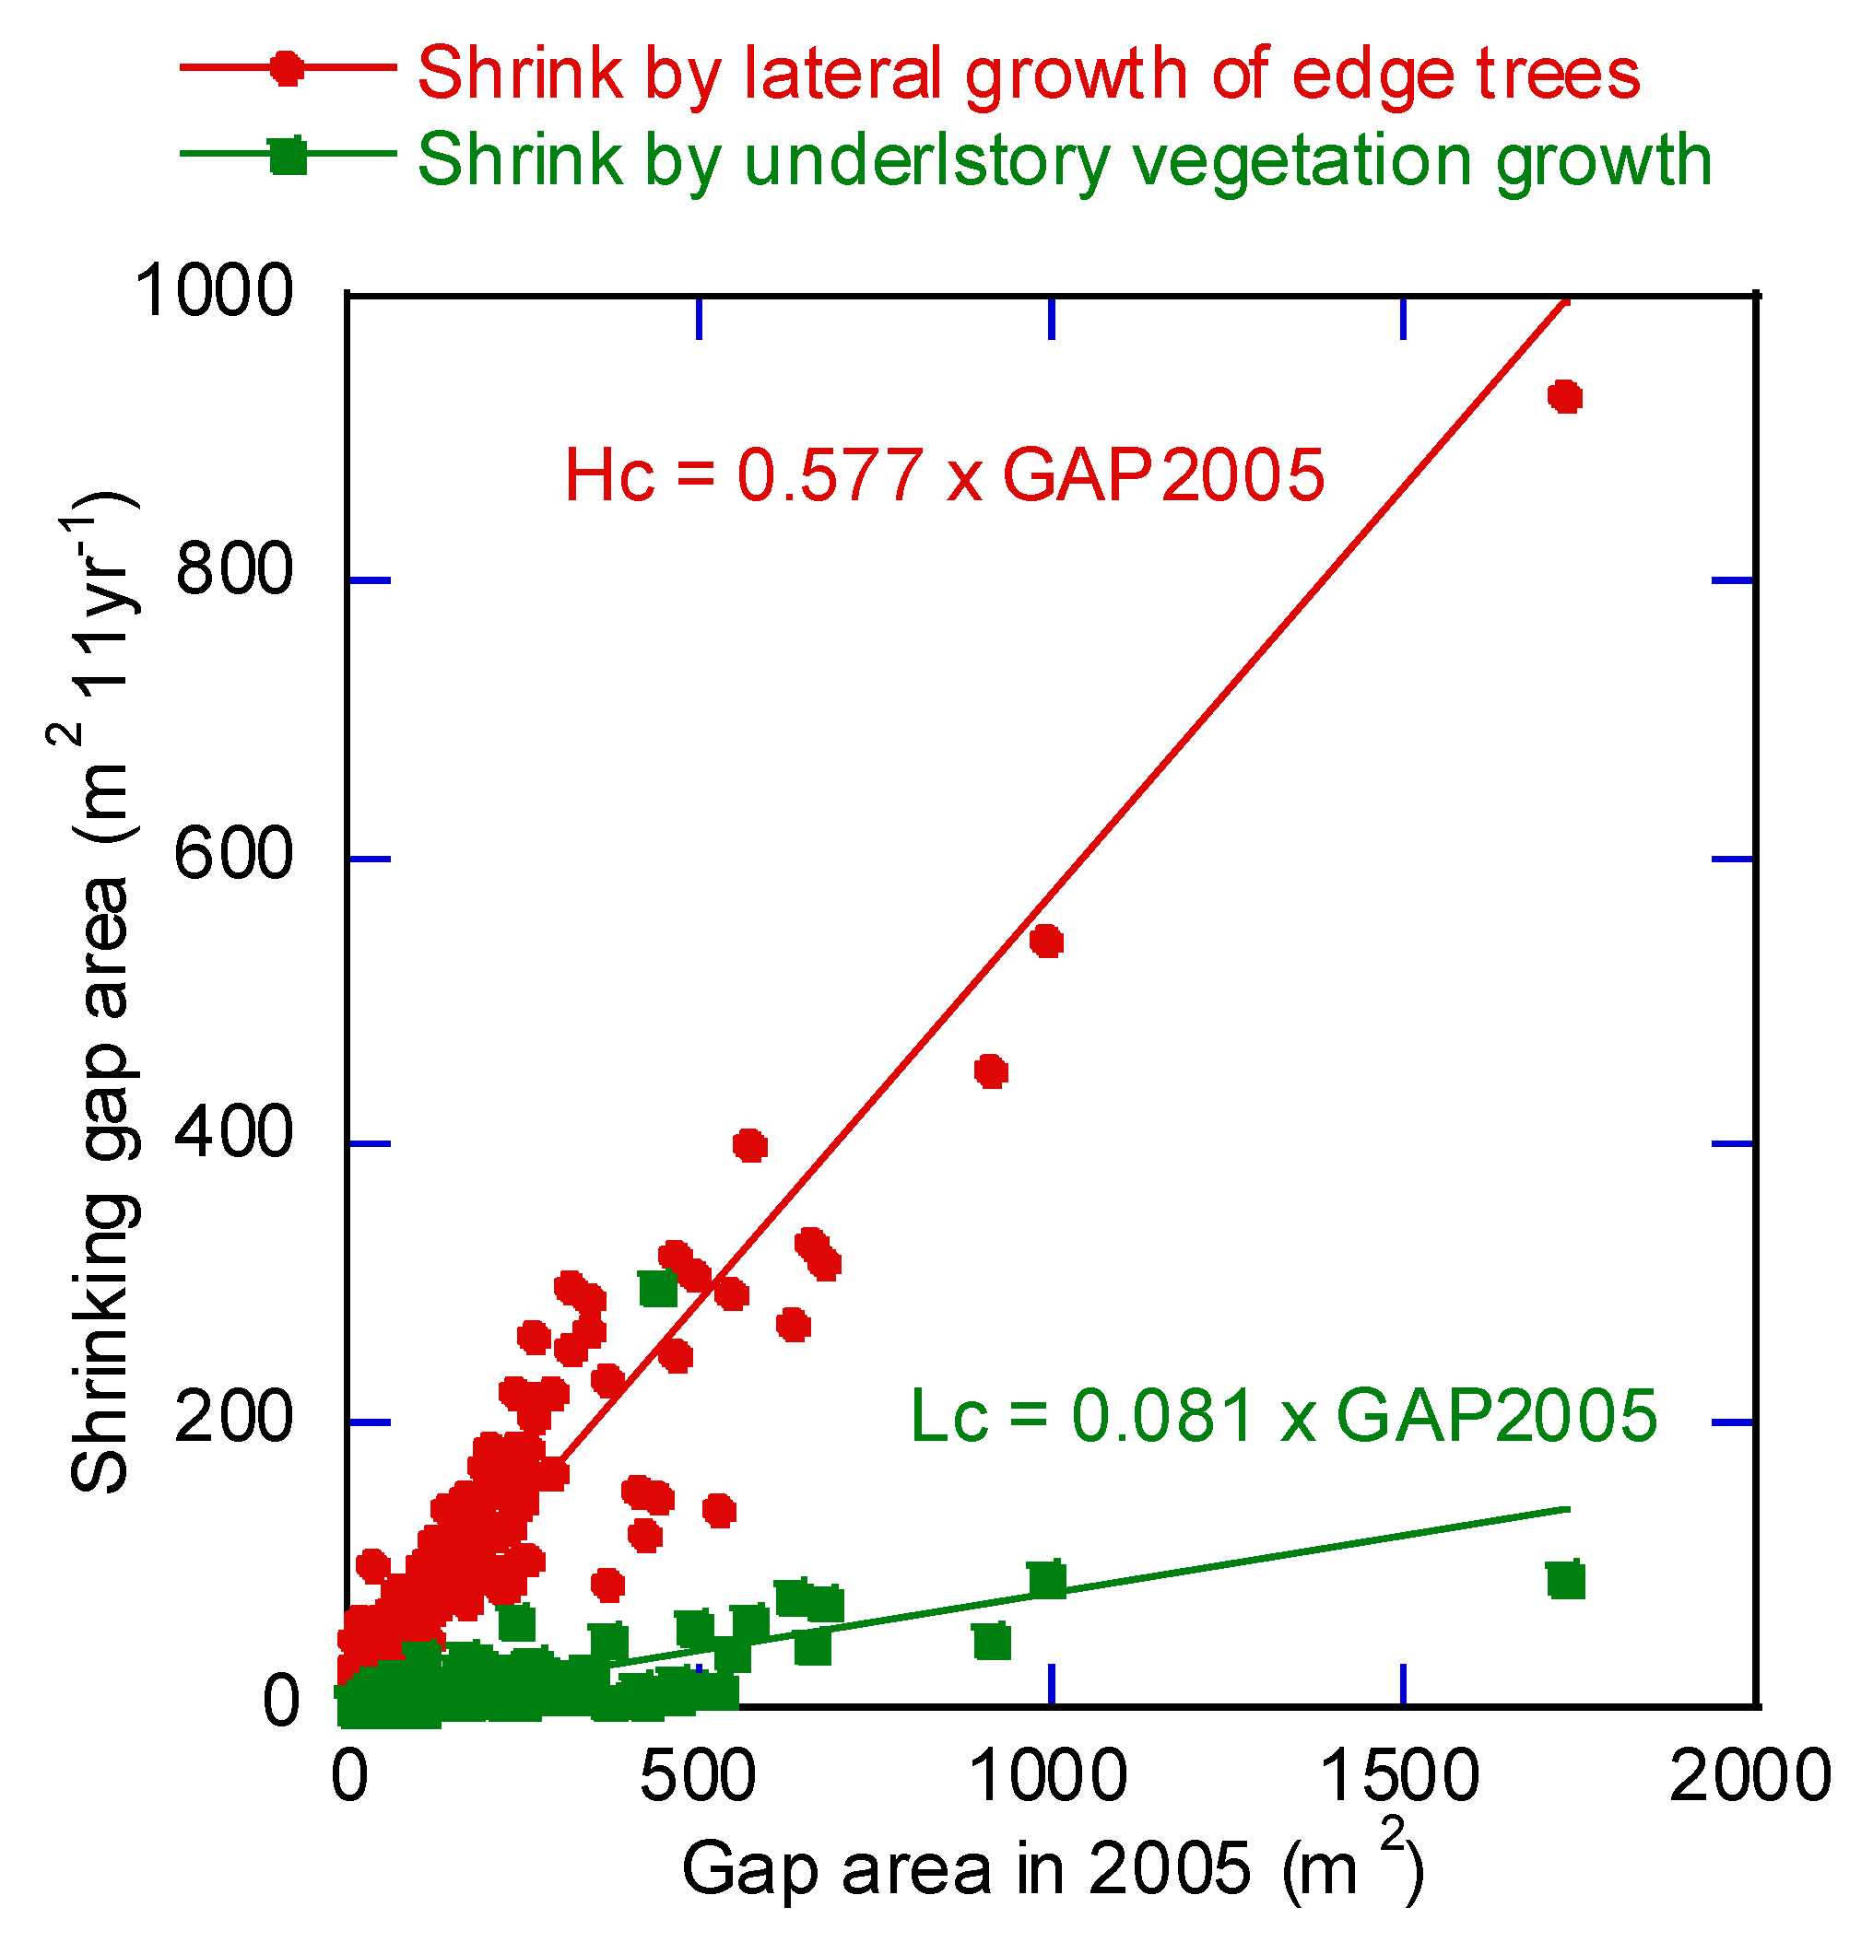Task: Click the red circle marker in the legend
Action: point(289,69)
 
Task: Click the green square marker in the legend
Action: point(289,156)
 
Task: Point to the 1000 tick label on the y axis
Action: point(214,291)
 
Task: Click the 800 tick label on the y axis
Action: point(233,570)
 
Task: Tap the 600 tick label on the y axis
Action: point(233,854)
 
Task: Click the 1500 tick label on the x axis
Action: point(1400,1776)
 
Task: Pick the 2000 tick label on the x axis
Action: point(1750,1776)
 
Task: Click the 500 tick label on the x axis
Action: point(697,1776)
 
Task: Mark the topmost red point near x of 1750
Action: point(1564,397)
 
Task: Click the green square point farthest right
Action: point(1566,1581)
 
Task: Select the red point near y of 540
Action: point(1045,942)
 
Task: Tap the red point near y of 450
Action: point(990,1071)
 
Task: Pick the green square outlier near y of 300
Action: point(657,1288)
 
